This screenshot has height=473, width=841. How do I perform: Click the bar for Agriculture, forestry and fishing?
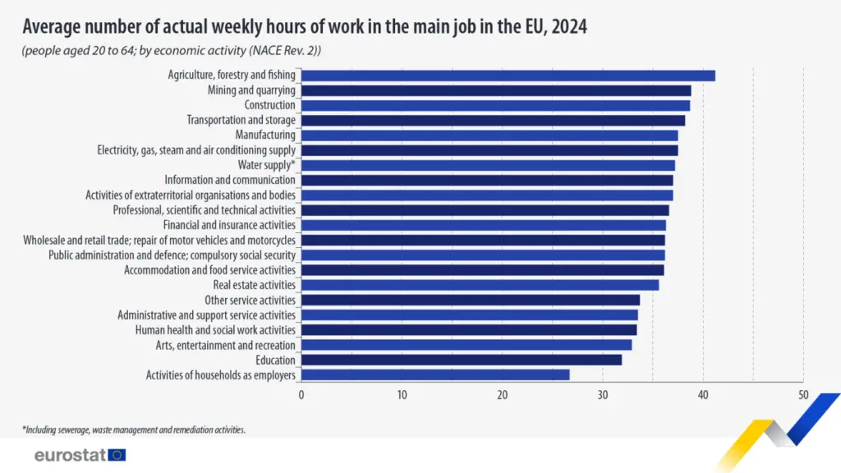(x=508, y=76)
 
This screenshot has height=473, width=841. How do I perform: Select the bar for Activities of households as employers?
(x=435, y=374)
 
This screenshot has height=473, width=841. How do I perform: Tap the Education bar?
(x=462, y=360)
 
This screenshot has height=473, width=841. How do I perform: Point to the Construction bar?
(x=495, y=105)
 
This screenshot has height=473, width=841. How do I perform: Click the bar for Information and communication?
(x=487, y=180)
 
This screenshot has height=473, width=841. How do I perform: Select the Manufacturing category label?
(x=264, y=135)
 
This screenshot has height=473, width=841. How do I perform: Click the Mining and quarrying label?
(x=251, y=90)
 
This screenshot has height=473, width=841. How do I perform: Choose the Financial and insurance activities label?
(x=229, y=225)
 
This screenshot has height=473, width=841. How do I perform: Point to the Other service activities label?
(x=250, y=300)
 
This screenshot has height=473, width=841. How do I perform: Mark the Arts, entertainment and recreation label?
(x=225, y=345)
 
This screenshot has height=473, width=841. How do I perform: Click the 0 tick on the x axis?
(x=301, y=395)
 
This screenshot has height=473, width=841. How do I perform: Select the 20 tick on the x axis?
(x=502, y=395)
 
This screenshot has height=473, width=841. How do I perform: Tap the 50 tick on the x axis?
(x=803, y=395)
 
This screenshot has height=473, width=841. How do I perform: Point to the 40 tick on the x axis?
(x=703, y=395)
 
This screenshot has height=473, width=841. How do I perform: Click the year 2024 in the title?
(x=569, y=26)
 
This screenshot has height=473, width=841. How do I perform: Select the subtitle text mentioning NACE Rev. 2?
(x=171, y=51)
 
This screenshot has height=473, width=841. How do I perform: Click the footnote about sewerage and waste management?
(x=134, y=429)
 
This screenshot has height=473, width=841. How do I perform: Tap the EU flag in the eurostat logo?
(x=117, y=455)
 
